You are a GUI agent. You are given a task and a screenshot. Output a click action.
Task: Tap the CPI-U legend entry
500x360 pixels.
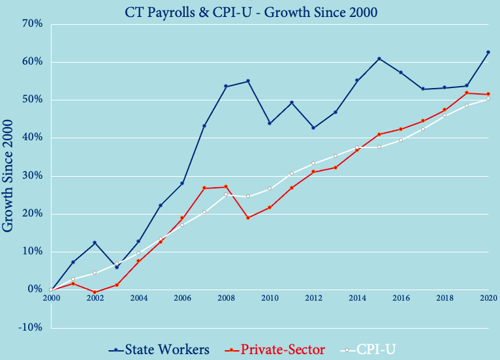click(x=375, y=350)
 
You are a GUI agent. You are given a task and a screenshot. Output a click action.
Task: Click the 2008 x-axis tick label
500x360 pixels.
click(x=226, y=298)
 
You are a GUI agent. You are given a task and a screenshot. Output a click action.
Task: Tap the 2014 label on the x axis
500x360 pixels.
click(x=357, y=298)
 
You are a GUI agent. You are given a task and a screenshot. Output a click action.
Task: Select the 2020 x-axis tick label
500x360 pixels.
click(x=487, y=298)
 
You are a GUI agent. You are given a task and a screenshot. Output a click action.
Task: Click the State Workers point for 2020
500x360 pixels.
click(x=488, y=52)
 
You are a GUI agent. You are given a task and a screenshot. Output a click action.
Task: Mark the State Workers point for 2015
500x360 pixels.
click(x=379, y=59)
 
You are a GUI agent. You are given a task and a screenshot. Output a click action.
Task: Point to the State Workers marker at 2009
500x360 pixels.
click(x=248, y=81)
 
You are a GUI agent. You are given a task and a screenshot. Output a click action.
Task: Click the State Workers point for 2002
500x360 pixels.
click(x=95, y=243)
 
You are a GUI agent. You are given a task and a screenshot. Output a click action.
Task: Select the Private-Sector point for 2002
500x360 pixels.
click(x=95, y=292)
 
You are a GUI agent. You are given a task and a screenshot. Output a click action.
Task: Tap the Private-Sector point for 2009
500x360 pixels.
click(x=248, y=218)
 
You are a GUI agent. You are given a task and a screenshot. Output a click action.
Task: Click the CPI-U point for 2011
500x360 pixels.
click(x=292, y=173)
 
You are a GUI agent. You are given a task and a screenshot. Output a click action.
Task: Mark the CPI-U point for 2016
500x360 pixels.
click(x=401, y=140)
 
